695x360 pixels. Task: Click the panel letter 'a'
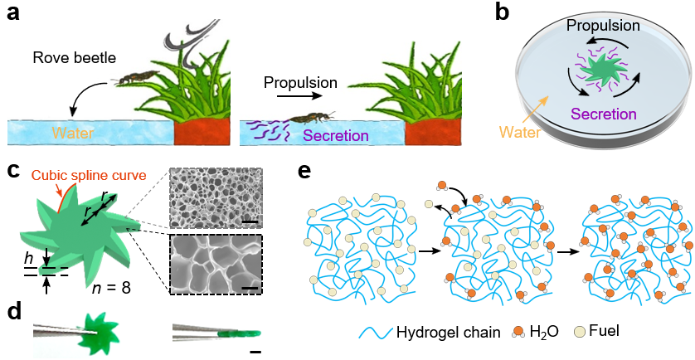coord(14,17)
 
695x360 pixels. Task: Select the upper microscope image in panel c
coord(216,197)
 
